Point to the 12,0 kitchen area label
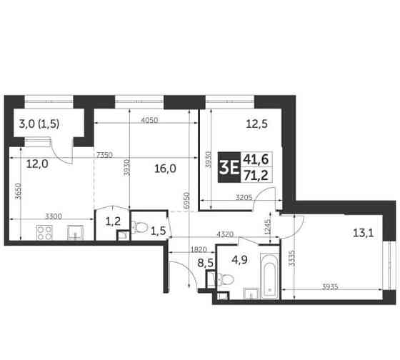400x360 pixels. [x=36, y=163]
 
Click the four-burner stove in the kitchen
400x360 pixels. [x=42, y=233]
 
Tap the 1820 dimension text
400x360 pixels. [x=199, y=250]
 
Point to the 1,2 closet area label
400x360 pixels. [x=113, y=221]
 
